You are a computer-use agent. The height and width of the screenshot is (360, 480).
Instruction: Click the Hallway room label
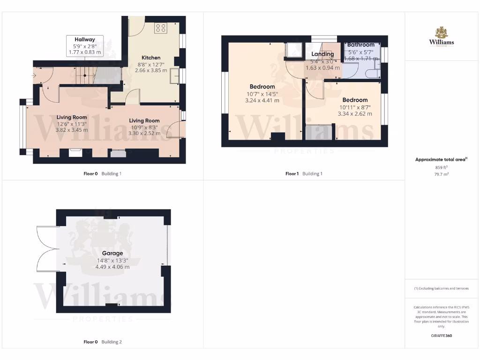click(x=84, y=40)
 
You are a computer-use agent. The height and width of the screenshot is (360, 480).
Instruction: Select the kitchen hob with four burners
click(x=161, y=28)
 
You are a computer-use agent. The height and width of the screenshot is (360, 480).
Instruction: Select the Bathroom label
click(x=360, y=45)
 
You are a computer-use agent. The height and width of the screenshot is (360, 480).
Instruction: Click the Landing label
click(x=322, y=54)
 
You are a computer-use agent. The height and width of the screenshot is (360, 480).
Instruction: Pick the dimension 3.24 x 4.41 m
click(x=262, y=100)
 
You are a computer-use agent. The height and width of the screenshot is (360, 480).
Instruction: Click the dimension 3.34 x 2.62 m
click(x=355, y=113)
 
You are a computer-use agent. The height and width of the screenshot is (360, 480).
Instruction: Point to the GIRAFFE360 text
click(x=441, y=336)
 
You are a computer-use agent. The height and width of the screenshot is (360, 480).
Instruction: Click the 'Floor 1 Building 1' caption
click(x=304, y=174)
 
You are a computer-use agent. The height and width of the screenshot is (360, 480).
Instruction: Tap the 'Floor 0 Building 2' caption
click(x=103, y=342)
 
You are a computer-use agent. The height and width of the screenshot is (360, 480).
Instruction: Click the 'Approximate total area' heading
click(x=441, y=160)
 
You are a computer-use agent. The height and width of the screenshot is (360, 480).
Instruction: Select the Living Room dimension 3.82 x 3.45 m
click(x=72, y=130)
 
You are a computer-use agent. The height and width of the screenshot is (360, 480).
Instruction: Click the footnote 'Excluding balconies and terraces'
click(x=441, y=288)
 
